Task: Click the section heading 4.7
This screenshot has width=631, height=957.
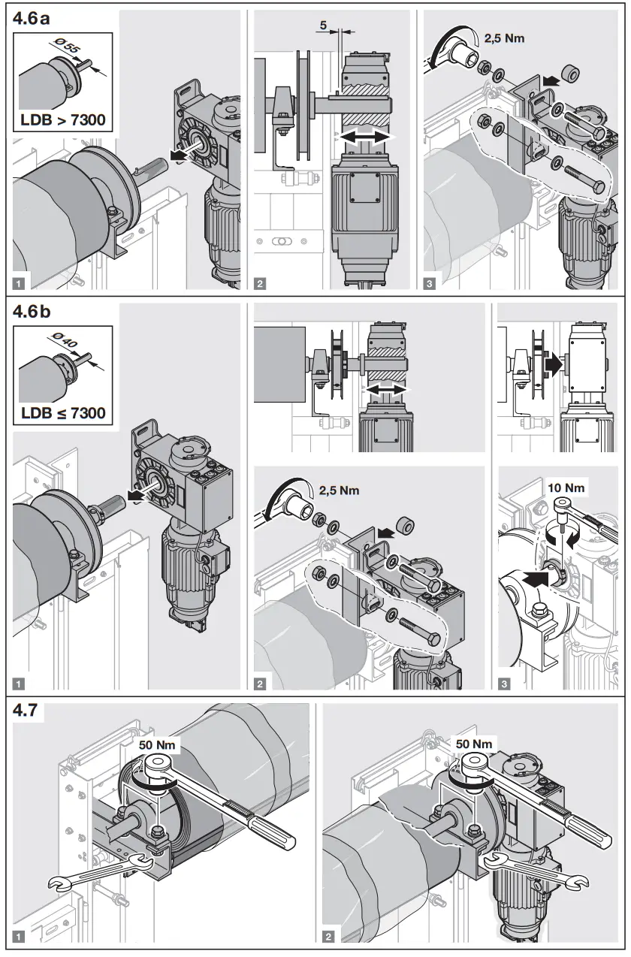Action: click(x=29, y=711)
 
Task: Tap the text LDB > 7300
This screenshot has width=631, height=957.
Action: click(x=63, y=118)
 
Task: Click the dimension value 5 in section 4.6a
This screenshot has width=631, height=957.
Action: click(x=323, y=25)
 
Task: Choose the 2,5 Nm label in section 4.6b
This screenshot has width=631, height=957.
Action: click(x=339, y=490)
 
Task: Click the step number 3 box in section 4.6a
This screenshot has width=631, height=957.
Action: click(x=428, y=284)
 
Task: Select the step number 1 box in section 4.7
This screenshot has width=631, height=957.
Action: click(x=20, y=936)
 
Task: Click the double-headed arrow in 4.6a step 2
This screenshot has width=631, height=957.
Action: click(x=364, y=137)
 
